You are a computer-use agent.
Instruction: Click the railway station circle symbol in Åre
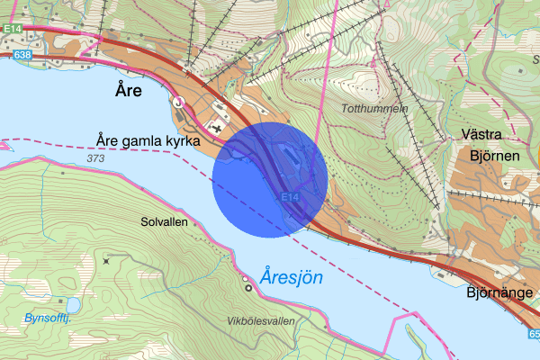pos(179,103)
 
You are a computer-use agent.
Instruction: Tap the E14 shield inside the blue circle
pos(289,196)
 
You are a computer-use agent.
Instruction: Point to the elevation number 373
pos(96,158)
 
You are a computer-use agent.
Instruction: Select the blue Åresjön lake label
pos(291,278)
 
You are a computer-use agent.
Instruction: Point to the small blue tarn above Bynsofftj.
pos(70,303)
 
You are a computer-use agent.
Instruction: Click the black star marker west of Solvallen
pos(105,260)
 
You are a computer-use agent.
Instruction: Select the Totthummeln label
pos(374,108)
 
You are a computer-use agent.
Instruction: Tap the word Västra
pos(481,133)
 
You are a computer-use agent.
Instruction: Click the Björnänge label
pos(500,292)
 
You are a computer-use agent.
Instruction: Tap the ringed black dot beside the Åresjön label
pos(247,287)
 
